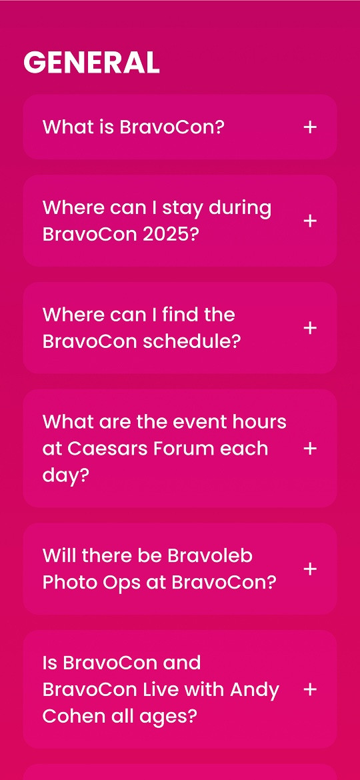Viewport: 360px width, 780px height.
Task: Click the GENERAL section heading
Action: (x=91, y=63)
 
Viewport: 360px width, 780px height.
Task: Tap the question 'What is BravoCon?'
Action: (x=133, y=127)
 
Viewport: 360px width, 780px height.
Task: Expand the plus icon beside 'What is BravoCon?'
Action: (x=310, y=127)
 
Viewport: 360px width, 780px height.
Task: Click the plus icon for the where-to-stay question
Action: (x=310, y=221)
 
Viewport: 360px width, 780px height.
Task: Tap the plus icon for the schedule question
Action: (x=310, y=328)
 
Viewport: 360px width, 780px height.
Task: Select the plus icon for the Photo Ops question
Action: (x=310, y=569)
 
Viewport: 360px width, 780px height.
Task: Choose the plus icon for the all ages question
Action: (x=310, y=689)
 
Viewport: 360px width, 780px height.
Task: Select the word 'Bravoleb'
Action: (x=210, y=555)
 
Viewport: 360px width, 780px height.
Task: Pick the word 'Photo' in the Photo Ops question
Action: (x=67, y=583)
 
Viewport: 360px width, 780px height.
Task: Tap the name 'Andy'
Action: (x=255, y=691)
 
